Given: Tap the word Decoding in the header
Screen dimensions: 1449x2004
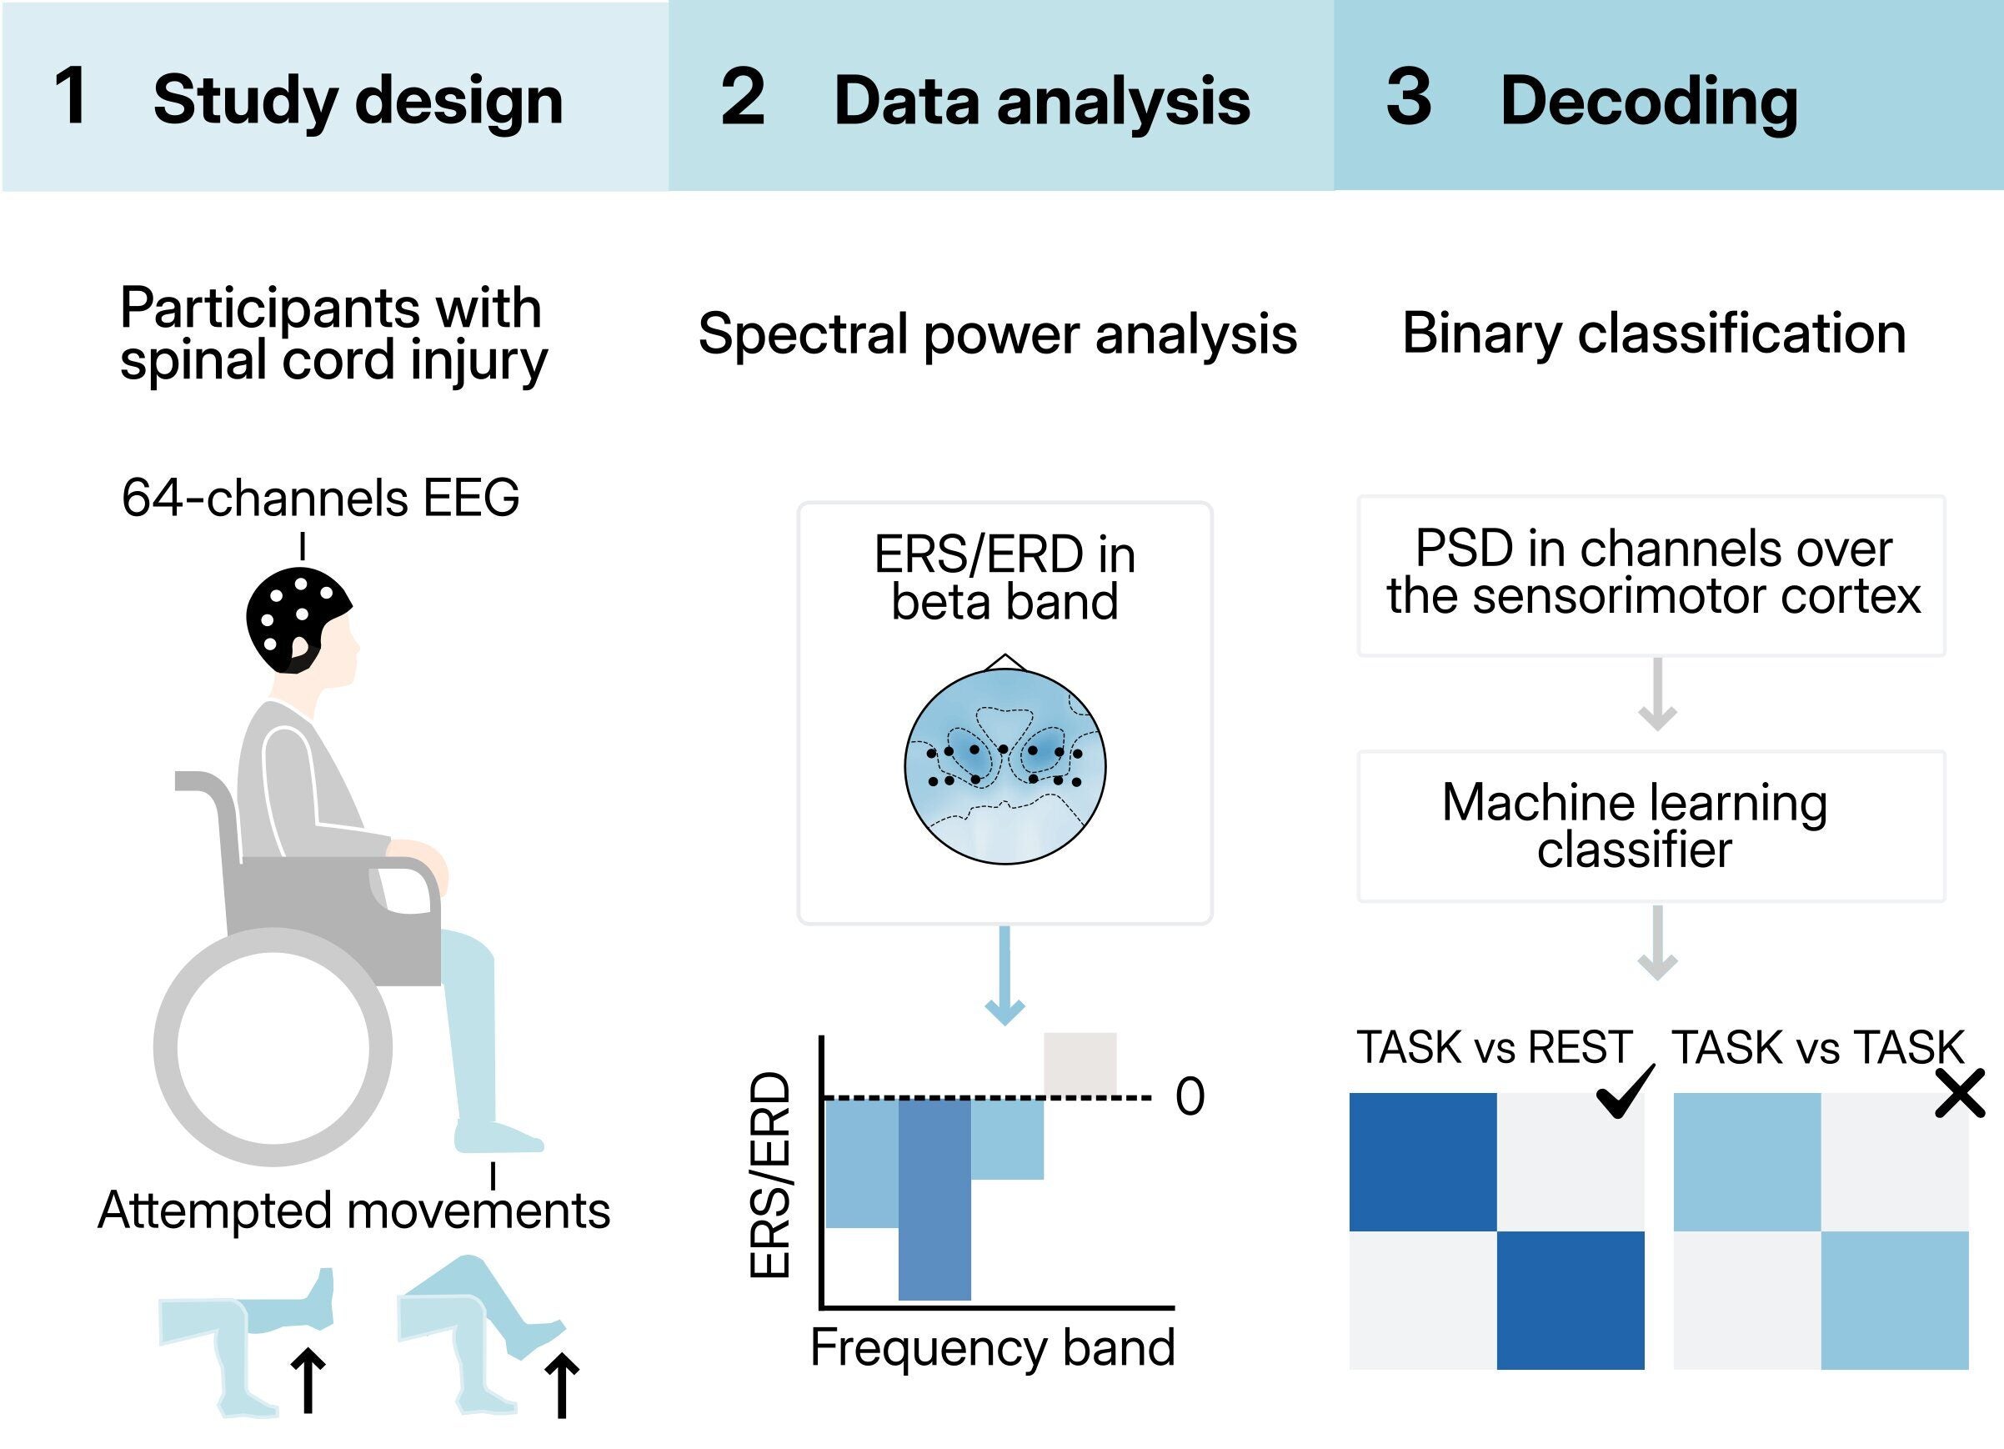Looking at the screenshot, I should [1649, 101].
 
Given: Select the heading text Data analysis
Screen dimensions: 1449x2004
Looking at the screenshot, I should [1042, 101].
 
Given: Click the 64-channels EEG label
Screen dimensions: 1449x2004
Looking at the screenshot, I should [320, 498].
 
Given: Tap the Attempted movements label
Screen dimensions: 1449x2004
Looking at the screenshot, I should [353, 1211].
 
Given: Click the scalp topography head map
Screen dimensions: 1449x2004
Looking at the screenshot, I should [1005, 765].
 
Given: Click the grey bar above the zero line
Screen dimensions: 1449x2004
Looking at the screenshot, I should [1080, 1064].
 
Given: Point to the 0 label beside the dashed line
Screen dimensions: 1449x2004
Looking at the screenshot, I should [1190, 1097].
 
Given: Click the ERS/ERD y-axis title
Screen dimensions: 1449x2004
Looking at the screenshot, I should [769, 1175].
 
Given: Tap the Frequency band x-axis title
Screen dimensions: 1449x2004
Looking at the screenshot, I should [992, 1348].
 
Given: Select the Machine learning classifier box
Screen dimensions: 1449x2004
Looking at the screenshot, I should [1651, 826].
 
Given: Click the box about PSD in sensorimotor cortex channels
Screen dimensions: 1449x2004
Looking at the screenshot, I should [1651, 574].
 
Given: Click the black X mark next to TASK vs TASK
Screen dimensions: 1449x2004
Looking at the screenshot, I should [1960, 1094].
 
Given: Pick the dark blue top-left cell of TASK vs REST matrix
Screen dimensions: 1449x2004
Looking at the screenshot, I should [1423, 1162].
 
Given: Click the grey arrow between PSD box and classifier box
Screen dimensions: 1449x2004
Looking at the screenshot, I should [1657, 695].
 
